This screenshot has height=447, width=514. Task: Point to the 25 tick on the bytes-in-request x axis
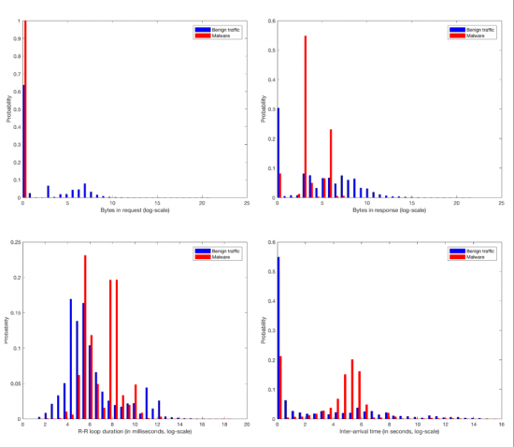(x=247, y=203)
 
